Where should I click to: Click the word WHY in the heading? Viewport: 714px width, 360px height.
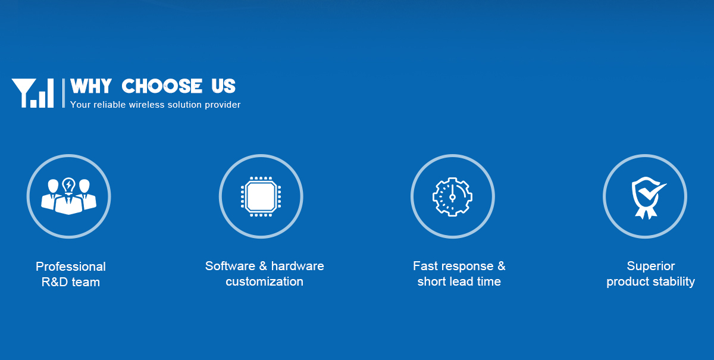coord(91,86)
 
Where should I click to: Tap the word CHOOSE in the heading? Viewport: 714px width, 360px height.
coord(162,86)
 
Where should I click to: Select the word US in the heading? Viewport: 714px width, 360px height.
coord(224,86)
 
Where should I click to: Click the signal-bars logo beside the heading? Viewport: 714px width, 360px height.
coord(33,93)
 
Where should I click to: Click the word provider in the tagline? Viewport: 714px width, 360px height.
coord(223,105)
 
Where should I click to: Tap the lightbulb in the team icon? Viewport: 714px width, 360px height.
coord(68,185)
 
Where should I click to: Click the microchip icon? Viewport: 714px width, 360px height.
coord(261,196)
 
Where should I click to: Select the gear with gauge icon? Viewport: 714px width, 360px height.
coord(452,197)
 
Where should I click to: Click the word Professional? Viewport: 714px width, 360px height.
coord(70,267)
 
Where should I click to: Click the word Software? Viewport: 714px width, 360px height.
coord(230,266)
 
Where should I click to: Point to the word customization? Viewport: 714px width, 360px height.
coord(264,281)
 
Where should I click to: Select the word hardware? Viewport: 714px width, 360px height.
coord(297,266)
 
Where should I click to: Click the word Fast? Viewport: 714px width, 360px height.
coord(427,266)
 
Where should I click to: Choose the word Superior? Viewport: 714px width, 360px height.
coord(650,266)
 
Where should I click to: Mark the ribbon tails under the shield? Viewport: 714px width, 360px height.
coord(646,213)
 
